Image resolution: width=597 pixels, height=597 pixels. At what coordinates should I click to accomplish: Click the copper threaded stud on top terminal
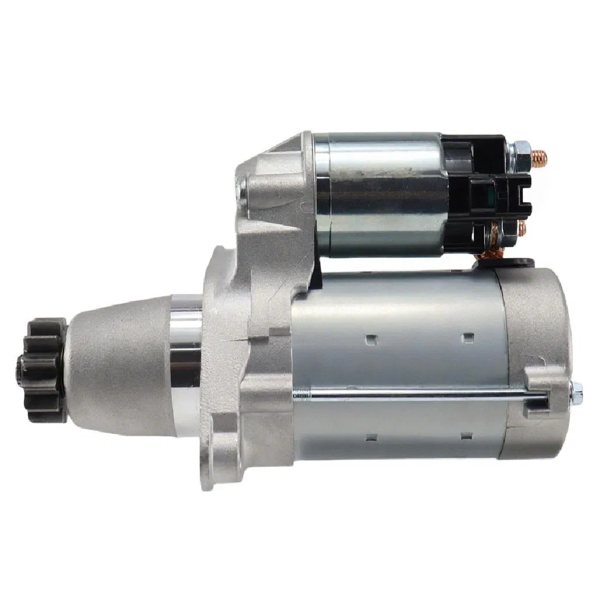click(x=540, y=156)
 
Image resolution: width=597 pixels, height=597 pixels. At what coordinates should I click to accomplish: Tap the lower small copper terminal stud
click(x=521, y=227)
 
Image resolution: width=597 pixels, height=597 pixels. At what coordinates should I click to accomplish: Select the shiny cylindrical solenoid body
click(x=379, y=195)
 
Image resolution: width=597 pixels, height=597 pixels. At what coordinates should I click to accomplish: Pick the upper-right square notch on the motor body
click(x=467, y=338)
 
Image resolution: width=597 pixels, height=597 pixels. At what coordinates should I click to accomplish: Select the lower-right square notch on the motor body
click(x=466, y=436)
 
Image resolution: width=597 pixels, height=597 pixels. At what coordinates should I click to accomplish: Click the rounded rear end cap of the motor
click(x=536, y=326)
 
